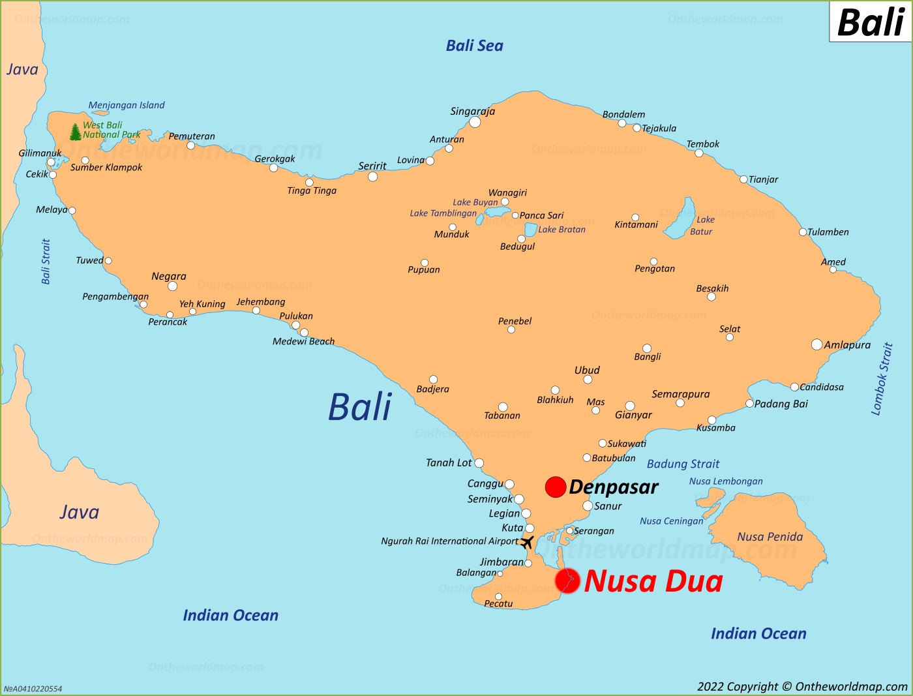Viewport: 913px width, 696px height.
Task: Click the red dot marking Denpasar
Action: pos(555,487)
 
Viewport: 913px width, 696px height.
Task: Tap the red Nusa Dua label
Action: pos(653,581)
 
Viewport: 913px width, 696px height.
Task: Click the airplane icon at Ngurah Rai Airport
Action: pos(527,542)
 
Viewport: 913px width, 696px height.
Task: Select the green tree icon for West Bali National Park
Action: pos(76,132)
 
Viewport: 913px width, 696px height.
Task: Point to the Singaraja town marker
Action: pos(475,122)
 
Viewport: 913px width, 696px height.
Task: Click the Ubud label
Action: pos(587,370)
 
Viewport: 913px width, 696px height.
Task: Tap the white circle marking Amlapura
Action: pos(816,344)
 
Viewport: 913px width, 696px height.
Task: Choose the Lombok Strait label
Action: pos(881,379)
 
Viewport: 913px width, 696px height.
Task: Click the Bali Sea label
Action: pos(474,46)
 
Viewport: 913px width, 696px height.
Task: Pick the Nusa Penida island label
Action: pos(770,537)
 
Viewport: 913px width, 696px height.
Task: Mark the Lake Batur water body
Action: pos(681,219)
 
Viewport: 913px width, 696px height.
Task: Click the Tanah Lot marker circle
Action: pos(479,463)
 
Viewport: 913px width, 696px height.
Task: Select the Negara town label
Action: pos(169,276)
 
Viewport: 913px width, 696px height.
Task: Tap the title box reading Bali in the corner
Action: pos(870,22)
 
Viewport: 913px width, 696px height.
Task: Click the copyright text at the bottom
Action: pos(802,686)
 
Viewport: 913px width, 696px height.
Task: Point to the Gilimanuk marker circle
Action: pos(51,162)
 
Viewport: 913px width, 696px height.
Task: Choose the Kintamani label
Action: pos(636,225)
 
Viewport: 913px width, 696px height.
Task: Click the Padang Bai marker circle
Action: pos(749,404)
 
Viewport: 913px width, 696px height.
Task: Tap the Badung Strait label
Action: pos(683,464)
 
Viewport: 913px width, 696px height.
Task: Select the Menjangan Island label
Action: pos(127,105)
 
